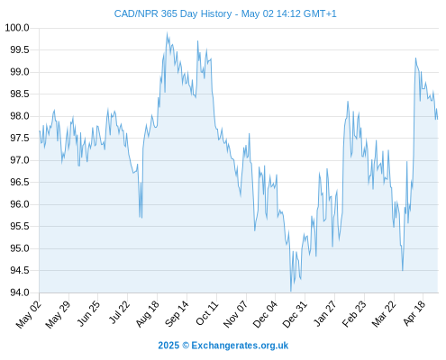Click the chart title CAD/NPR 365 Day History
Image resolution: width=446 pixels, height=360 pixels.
tap(173, 13)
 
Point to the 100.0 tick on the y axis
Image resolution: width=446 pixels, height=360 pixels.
tap(17, 28)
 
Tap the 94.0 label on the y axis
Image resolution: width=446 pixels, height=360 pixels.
tap(20, 292)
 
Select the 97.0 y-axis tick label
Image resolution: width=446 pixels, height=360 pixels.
tap(20, 160)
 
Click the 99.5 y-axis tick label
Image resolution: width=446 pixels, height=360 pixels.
tap(20, 49)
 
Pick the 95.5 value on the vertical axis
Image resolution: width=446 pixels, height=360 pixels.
tap(20, 226)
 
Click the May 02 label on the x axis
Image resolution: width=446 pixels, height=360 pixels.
tap(29, 314)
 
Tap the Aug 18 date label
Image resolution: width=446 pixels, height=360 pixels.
tap(147, 314)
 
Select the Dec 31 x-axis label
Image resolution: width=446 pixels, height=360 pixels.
tap(296, 314)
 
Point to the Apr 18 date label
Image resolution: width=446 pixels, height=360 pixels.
tap(414, 313)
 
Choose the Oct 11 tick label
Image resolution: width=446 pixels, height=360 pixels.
tap(206, 313)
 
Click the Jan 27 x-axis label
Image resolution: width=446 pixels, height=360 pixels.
tap(324, 313)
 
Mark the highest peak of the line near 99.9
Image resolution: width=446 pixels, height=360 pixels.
tap(167, 32)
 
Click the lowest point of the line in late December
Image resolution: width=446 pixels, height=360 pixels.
tap(291, 291)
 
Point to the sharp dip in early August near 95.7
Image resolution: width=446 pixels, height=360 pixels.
tap(140, 217)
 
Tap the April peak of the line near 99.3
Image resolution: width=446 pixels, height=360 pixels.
tap(415, 58)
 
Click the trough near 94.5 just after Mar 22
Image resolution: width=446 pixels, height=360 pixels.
tap(403, 270)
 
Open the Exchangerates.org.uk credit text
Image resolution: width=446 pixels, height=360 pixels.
tap(240, 346)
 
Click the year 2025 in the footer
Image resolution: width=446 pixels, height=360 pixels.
tap(168, 346)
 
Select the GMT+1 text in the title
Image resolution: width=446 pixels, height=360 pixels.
tap(320, 13)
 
